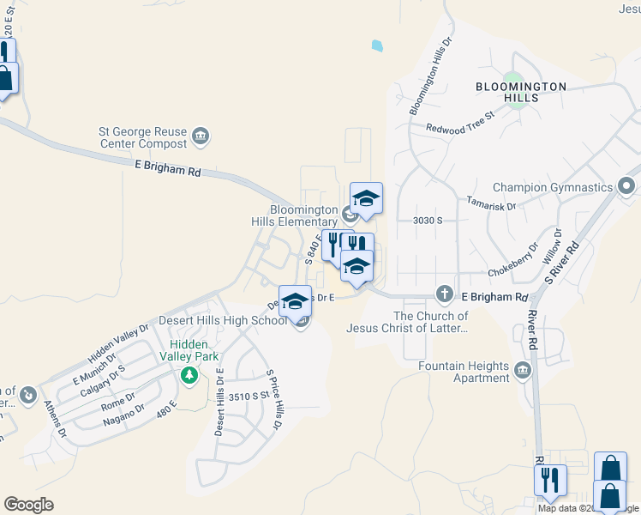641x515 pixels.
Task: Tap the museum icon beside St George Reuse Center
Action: tap(201, 136)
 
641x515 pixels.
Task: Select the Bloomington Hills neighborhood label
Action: tap(522, 92)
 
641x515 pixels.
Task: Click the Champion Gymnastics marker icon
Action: tap(627, 186)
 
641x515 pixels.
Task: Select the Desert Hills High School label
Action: tap(223, 321)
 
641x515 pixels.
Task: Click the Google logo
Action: tap(28, 505)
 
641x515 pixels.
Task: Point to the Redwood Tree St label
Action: tap(461, 121)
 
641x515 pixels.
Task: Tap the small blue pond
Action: tap(376, 45)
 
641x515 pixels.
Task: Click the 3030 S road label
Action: tap(426, 221)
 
